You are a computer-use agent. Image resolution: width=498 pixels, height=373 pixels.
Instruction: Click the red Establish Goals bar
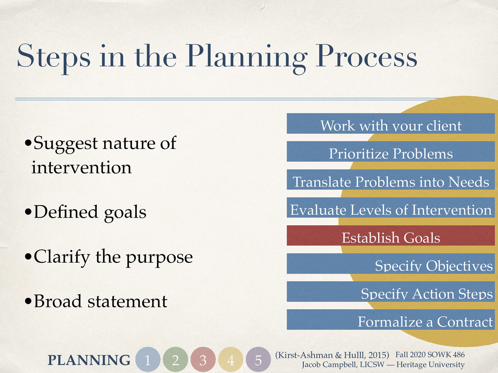coord(391,236)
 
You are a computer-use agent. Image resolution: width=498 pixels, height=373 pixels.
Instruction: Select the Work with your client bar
coord(391,124)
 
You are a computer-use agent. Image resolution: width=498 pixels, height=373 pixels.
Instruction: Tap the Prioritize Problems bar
coord(391,152)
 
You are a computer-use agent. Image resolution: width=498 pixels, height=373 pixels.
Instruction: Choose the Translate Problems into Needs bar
coord(391,180)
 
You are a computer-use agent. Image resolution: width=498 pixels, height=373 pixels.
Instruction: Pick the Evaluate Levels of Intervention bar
coord(391,208)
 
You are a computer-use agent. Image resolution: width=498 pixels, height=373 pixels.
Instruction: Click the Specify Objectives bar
coord(391,264)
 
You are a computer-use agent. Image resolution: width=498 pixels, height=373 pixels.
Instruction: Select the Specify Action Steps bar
coord(391,292)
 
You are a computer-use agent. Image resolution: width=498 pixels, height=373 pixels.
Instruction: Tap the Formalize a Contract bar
coord(391,320)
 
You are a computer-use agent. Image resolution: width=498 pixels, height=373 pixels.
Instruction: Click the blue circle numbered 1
coord(148,360)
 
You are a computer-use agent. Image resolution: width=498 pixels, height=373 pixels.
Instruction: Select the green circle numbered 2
coord(176,360)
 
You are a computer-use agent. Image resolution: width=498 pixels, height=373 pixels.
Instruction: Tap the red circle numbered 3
coord(203,360)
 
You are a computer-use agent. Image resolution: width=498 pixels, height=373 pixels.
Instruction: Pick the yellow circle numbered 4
coord(231,360)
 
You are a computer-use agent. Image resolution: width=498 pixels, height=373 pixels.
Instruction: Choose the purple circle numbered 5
coord(258,360)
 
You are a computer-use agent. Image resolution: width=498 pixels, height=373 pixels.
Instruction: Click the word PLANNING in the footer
coord(89,360)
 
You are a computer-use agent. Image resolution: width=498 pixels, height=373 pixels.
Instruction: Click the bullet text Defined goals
coord(90,212)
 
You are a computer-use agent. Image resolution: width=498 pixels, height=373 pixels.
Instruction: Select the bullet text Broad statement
coord(100,301)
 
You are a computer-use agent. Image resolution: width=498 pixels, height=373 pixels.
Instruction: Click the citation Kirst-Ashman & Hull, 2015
coord(332,355)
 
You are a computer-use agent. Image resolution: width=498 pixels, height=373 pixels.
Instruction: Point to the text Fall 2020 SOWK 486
coord(430,355)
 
